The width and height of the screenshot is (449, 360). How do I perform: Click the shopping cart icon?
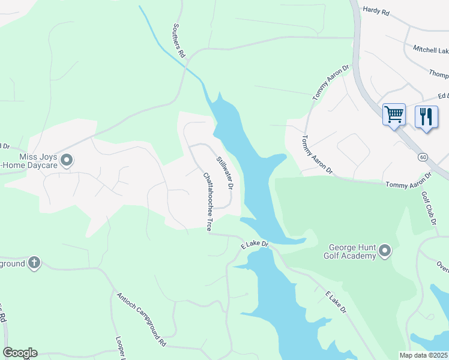[x=394, y=114]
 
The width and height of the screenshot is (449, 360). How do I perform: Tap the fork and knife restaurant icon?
[x=426, y=115]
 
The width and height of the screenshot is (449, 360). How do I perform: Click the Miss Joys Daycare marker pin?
[x=67, y=160]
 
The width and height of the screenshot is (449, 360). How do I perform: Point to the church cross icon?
[x=34, y=262]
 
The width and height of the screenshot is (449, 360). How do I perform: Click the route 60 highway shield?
[x=423, y=157]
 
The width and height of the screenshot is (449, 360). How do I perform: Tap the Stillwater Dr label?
[x=224, y=172]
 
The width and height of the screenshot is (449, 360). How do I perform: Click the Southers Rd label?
[x=178, y=40]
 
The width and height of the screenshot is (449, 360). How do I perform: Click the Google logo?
[x=20, y=353]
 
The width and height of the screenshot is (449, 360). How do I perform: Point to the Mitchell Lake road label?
[x=430, y=49]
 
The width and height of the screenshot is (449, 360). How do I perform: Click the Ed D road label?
[x=443, y=96]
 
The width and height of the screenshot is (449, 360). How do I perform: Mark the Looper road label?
[x=119, y=347]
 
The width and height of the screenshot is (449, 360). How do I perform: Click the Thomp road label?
[x=438, y=73]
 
